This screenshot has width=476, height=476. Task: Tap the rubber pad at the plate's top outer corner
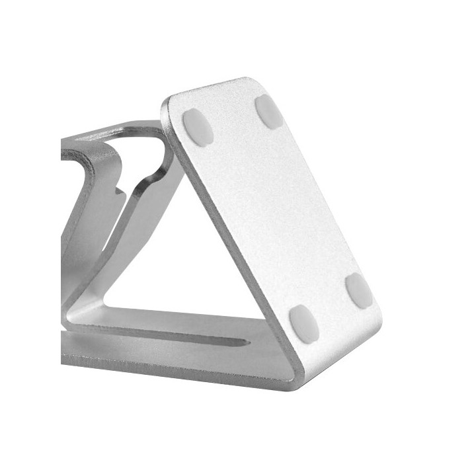click(269, 110)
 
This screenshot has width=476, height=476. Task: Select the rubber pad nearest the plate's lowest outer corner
click(359, 290)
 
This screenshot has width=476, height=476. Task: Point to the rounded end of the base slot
click(246, 342)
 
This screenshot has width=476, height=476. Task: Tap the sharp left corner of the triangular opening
click(106, 305)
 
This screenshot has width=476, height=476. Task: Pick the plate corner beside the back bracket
click(169, 106)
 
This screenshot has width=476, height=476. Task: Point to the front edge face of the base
click(165, 364)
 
